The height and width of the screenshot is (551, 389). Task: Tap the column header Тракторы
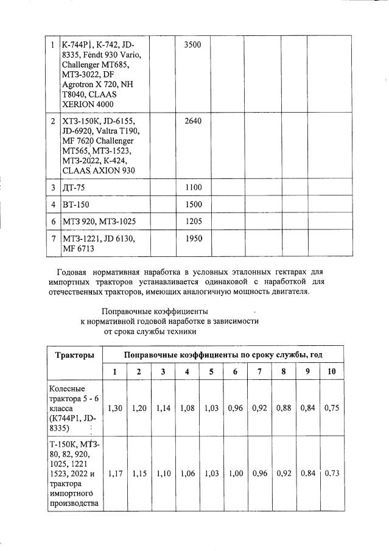(74, 354)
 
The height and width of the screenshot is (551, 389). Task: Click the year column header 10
(331, 371)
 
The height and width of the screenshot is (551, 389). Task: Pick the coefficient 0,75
(331, 409)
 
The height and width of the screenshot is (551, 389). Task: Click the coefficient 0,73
(331, 473)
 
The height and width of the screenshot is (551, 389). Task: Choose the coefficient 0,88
(283, 409)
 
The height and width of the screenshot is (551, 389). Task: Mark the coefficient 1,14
(163, 409)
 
